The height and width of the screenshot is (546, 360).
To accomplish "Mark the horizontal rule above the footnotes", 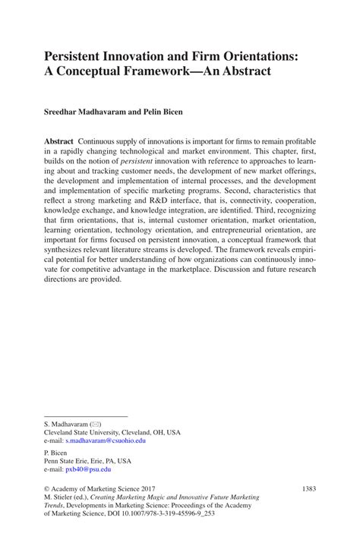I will [86, 415].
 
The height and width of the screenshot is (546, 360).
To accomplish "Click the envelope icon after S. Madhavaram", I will [96, 424].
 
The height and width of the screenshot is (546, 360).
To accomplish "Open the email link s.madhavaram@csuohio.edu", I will [106, 440].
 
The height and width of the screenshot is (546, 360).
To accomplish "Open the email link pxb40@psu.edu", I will [89, 469].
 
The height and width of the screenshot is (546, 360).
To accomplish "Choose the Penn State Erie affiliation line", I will [87, 460].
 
